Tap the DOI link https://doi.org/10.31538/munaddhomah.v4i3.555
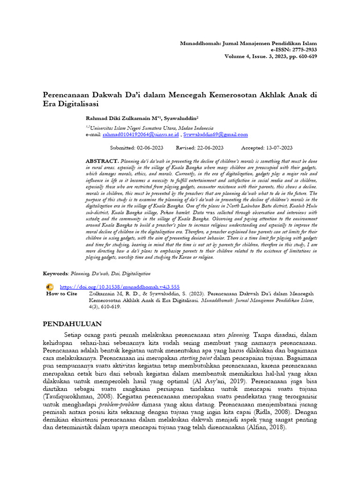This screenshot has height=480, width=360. coord(120,286)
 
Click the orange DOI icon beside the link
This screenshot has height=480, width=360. coord(50,286)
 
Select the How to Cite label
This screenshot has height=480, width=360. coord(61,293)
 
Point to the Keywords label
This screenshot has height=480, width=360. coord(55,273)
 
